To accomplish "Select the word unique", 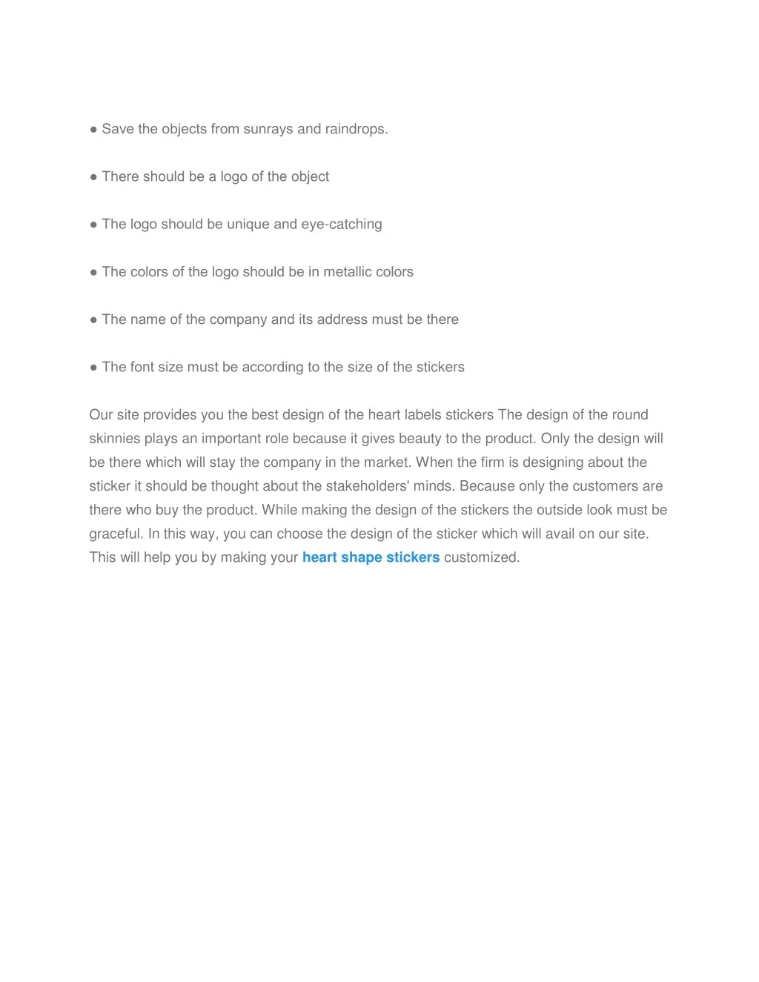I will [x=248, y=224].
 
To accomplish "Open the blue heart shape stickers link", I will [x=371, y=557].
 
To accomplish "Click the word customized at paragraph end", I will [x=482, y=557].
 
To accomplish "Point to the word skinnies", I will [x=114, y=439].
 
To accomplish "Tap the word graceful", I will [x=116, y=534].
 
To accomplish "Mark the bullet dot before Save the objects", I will [x=93, y=130].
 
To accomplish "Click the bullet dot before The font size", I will [x=93, y=368].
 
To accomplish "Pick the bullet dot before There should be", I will [x=93, y=177].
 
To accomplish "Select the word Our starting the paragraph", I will [x=101, y=415].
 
